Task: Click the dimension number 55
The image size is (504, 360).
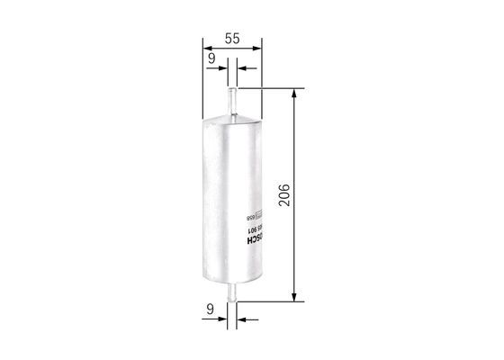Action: click(232, 39)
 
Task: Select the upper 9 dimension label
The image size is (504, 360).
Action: click(211, 58)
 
